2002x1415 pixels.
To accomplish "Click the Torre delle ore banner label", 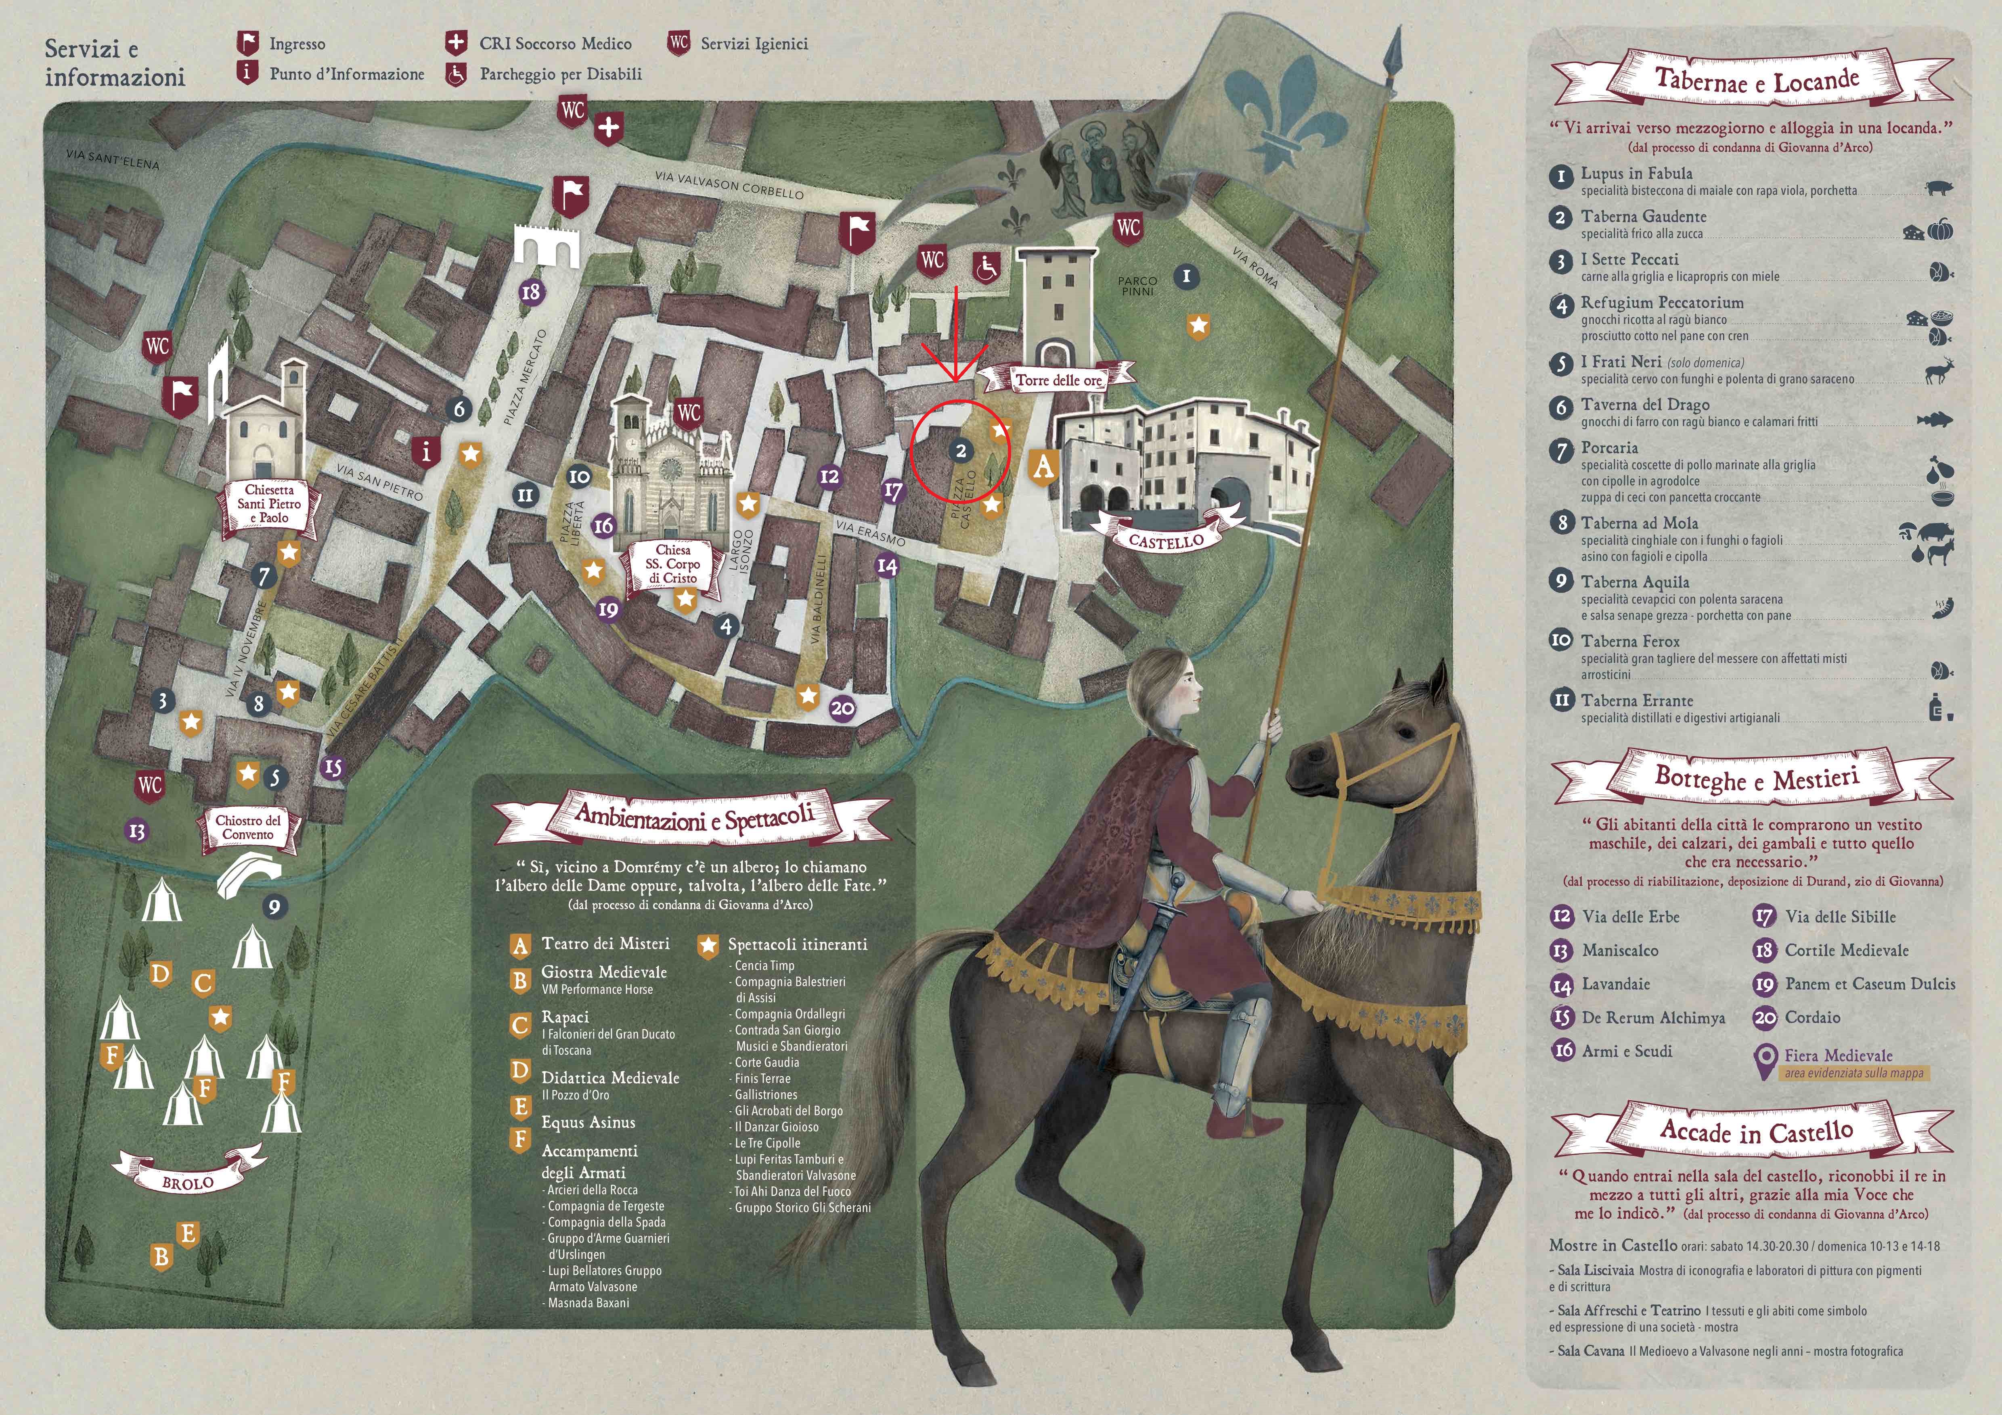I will tap(1059, 380).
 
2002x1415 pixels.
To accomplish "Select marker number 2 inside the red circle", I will tap(961, 451).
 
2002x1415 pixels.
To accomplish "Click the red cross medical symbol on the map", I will tap(608, 128).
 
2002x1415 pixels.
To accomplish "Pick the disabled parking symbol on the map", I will tap(986, 268).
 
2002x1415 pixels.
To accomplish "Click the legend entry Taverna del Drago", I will tap(1644, 405).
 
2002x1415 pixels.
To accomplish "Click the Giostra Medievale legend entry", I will tap(603, 972).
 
